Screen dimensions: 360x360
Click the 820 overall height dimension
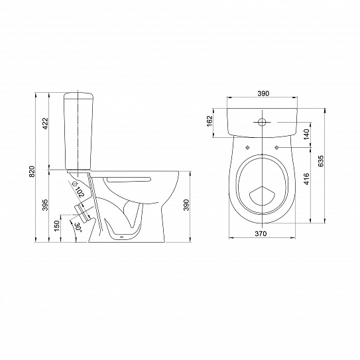(32, 171)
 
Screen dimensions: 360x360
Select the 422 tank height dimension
(46, 123)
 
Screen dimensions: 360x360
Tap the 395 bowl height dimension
(46, 205)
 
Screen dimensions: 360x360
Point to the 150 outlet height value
(57, 225)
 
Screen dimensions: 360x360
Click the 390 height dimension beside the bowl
(186, 205)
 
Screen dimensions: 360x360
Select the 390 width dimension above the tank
(263, 93)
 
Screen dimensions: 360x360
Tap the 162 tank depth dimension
(210, 121)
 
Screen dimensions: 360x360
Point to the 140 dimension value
(307, 135)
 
